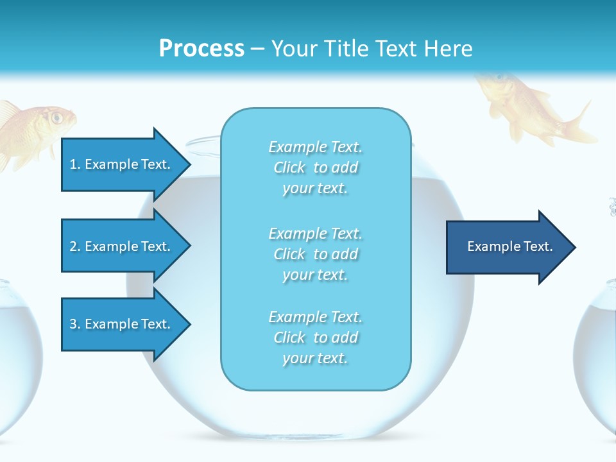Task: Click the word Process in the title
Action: pyautogui.click(x=201, y=48)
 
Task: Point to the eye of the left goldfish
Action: pyautogui.click(x=57, y=117)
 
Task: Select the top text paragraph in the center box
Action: pyautogui.click(x=315, y=167)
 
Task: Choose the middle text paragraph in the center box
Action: pyautogui.click(x=315, y=254)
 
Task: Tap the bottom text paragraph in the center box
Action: pyautogui.click(x=315, y=338)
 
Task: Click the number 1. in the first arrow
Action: pyautogui.click(x=74, y=164)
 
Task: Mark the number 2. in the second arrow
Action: pyautogui.click(x=74, y=246)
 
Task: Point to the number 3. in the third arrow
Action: pyautogui.click(x=74, y=324)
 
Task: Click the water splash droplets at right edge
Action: pyautogui.click(x=612, y=207)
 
